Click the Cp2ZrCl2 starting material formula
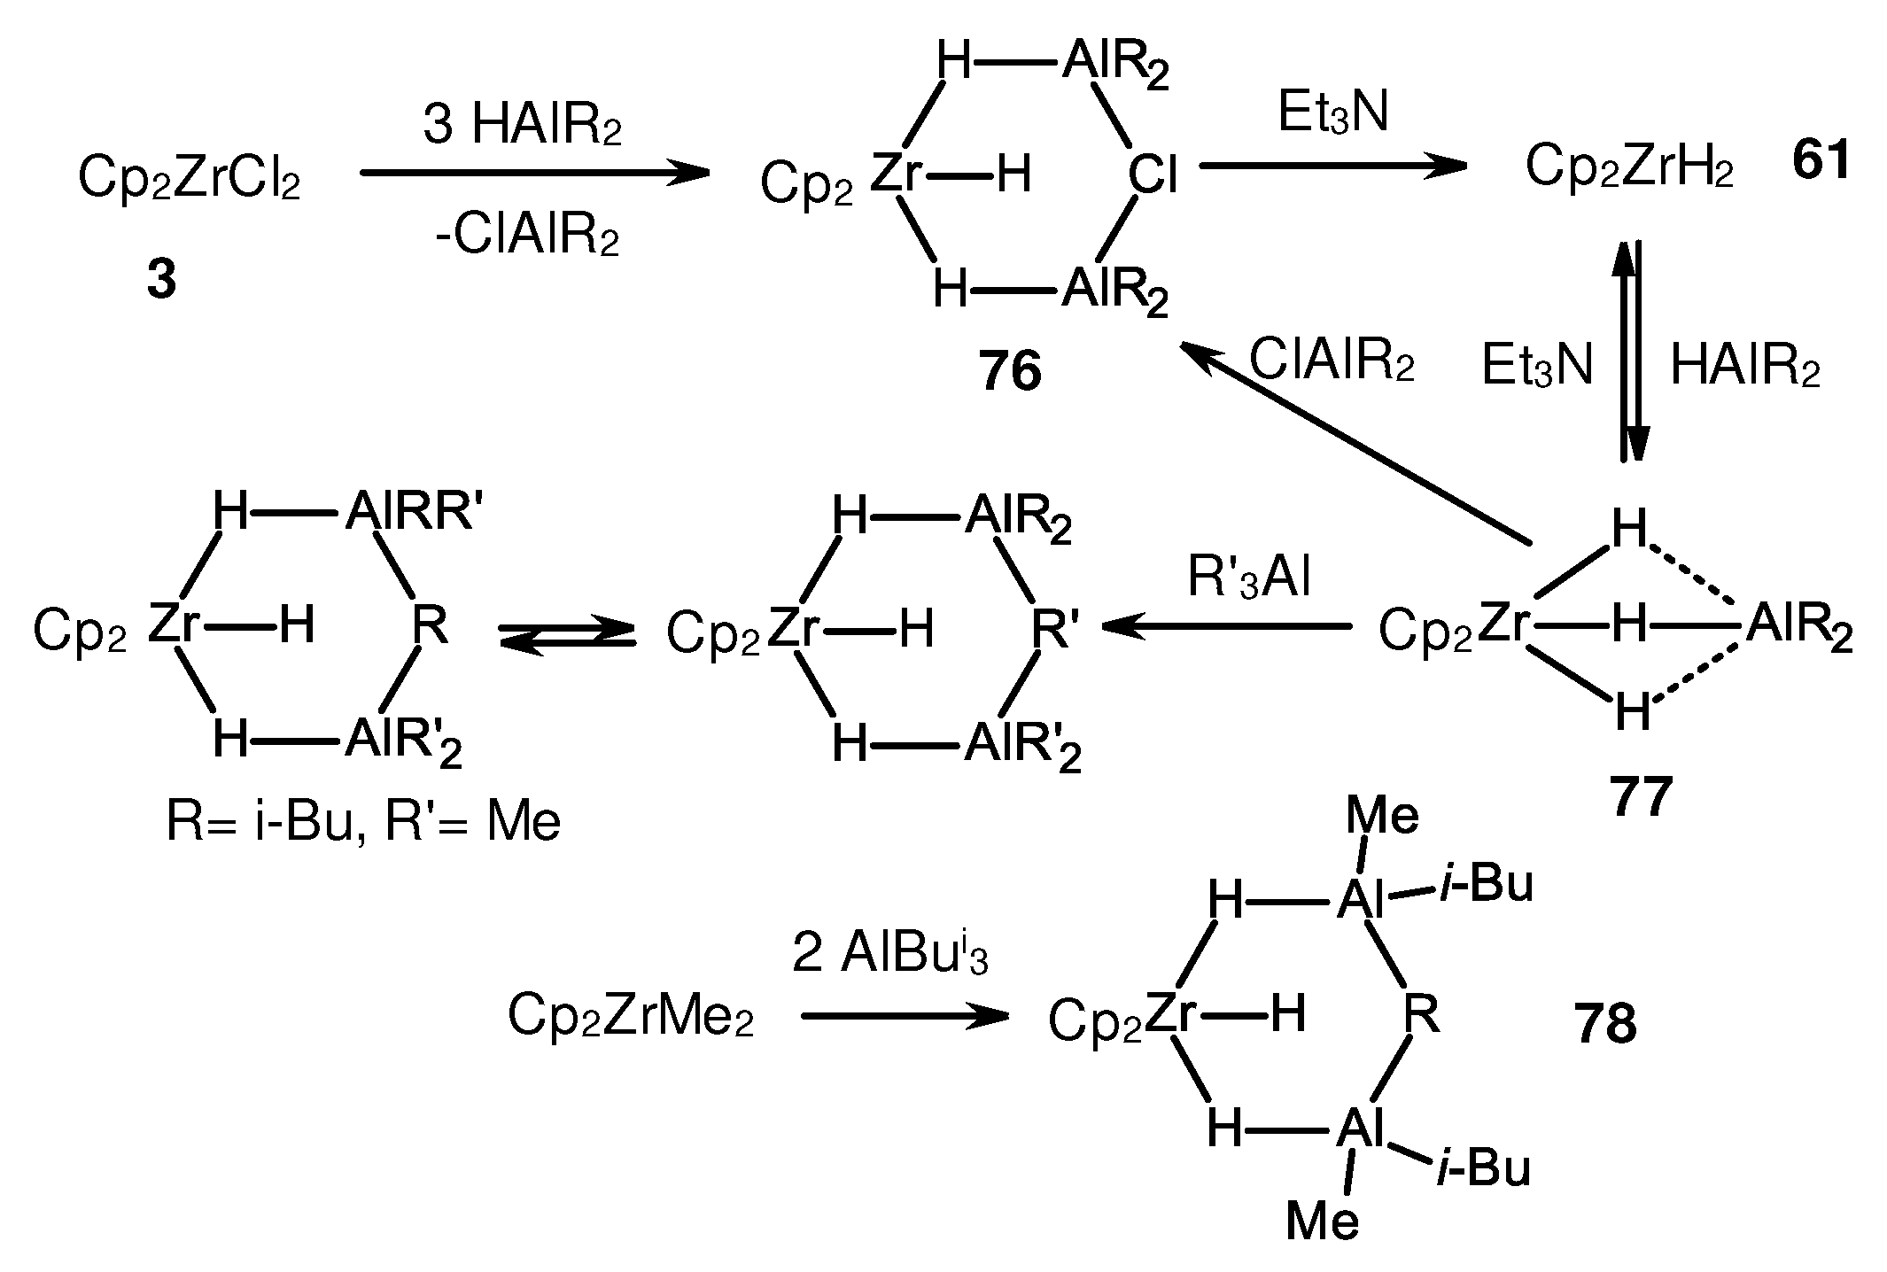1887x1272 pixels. point(189,178)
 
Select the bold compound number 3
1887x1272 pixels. point(161,281)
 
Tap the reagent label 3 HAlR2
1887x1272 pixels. point(522,127)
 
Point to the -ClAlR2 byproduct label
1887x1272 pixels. point(526,237)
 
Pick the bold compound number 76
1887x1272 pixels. point(1010,371)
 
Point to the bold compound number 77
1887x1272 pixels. point(1640,796)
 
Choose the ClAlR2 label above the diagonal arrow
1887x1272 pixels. point(1332,361)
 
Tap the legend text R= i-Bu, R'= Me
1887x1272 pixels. point(363,822)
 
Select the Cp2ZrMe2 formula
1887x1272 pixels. point(631,1016)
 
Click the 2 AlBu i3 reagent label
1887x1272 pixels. point(889,956)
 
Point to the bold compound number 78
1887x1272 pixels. point(1605,1024)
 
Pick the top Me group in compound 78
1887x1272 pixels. point(1382,815)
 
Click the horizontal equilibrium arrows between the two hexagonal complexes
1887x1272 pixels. point(568,636)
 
